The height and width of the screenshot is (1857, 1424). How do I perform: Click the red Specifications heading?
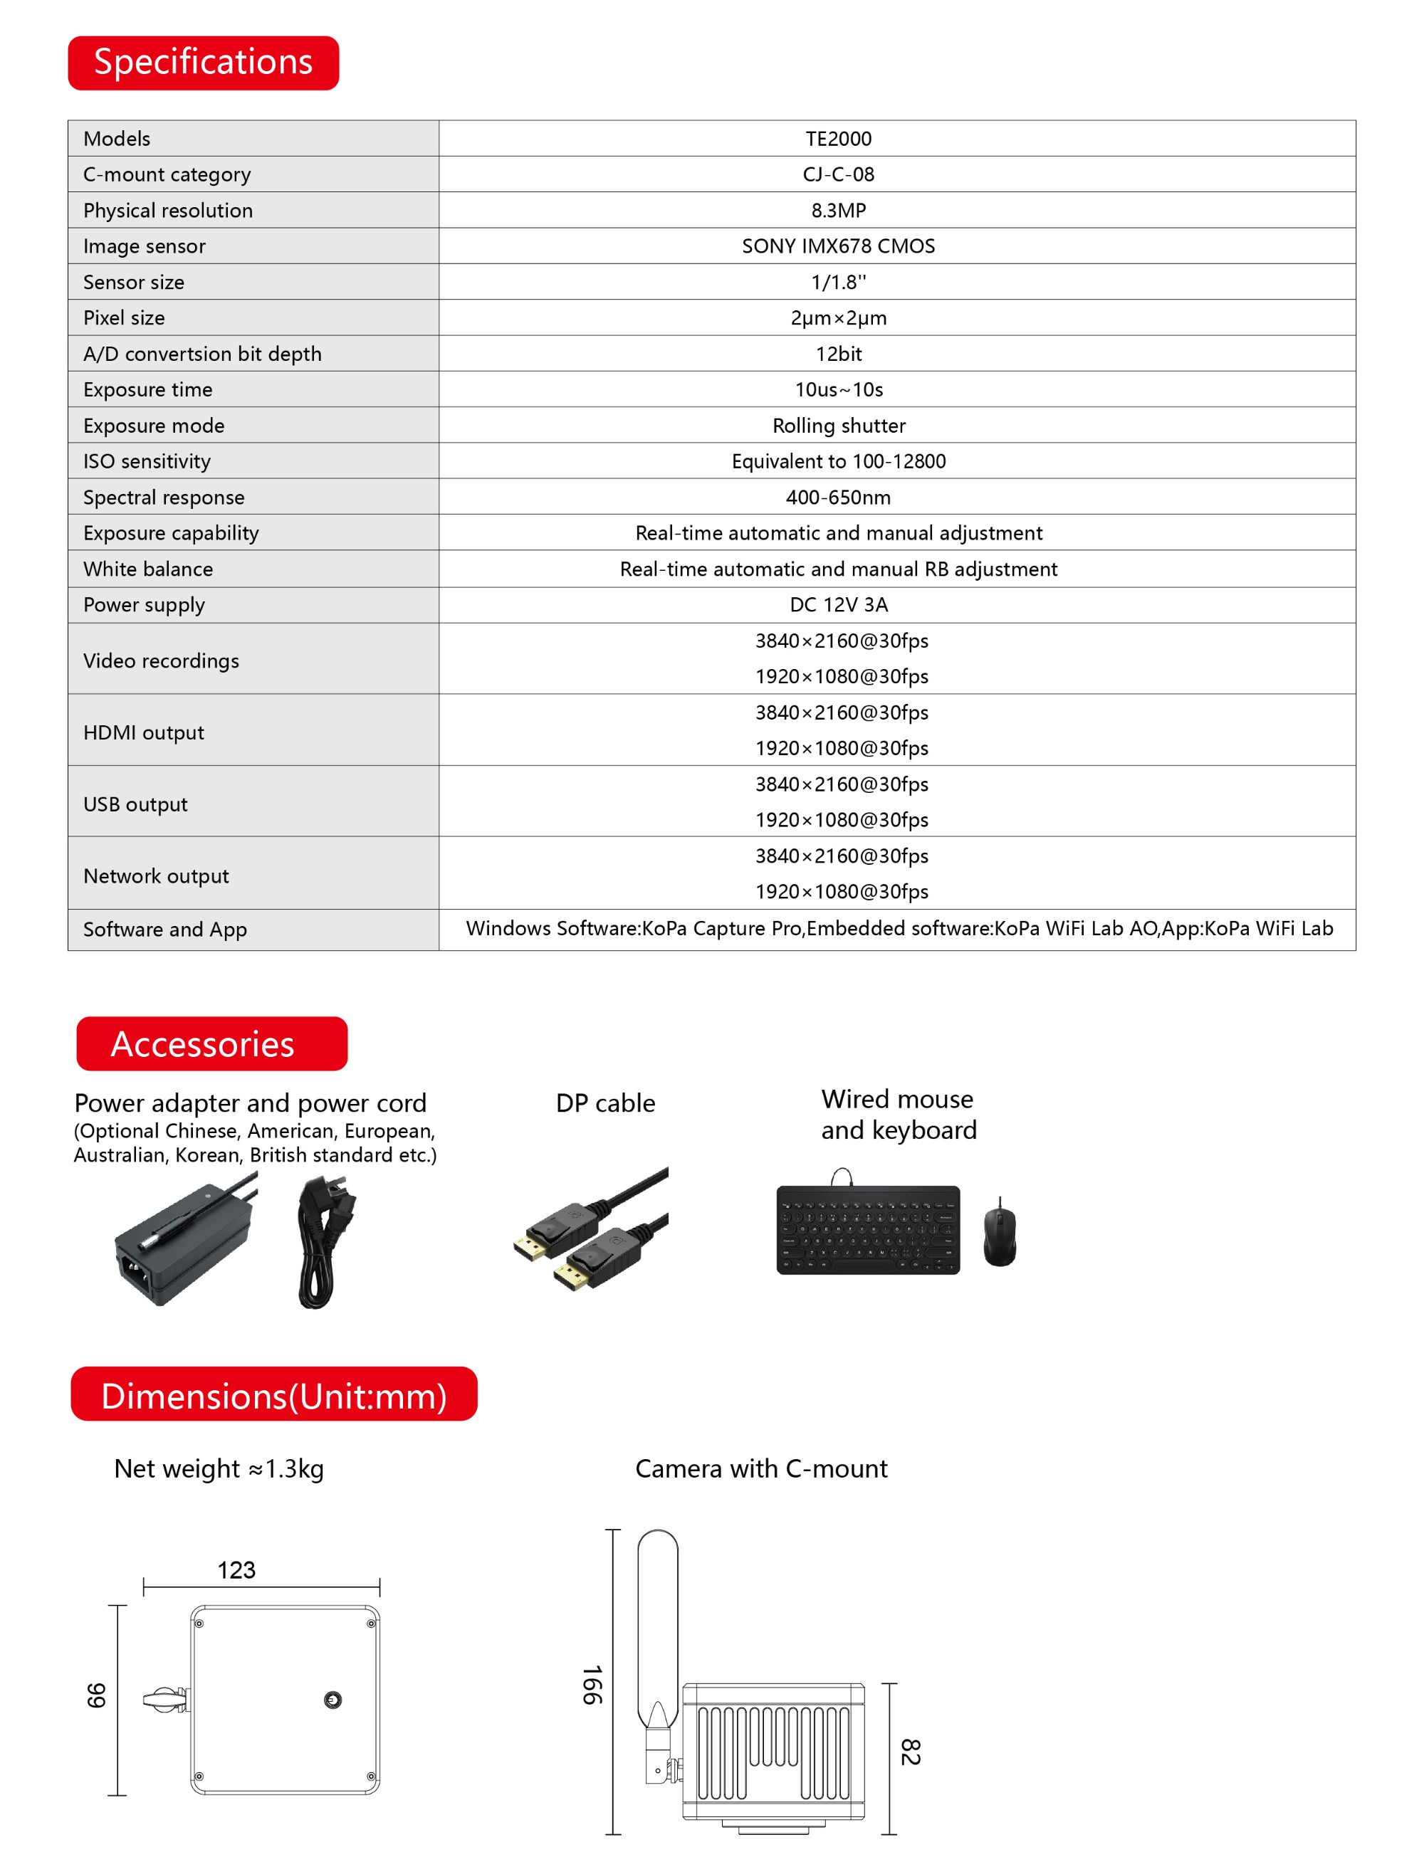(204, 63)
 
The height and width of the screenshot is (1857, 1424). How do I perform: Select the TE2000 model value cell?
(837, 138)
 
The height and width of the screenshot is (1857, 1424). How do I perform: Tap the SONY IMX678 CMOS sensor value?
(837, 246)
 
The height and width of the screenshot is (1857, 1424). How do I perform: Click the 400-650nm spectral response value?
(837, 498)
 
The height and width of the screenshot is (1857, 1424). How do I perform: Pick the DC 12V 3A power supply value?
(837, 605)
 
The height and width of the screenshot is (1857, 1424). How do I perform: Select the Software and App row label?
(164, 930)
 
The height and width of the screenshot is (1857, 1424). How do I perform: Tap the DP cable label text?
(605, 1103)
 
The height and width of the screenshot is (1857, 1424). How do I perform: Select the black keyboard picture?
(868, 1229)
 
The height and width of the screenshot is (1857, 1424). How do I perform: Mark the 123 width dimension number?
(236, 1570)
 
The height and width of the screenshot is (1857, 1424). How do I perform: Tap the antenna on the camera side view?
(657, 1626)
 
